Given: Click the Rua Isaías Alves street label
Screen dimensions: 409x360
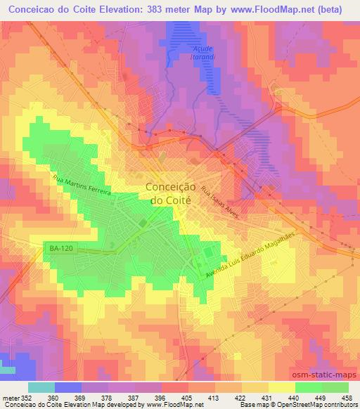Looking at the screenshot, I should [x=221, y=203].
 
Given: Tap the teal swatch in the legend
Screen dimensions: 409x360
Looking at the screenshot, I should [x=41, y=387].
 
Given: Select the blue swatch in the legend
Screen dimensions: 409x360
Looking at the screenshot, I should [x=68, y=387].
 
